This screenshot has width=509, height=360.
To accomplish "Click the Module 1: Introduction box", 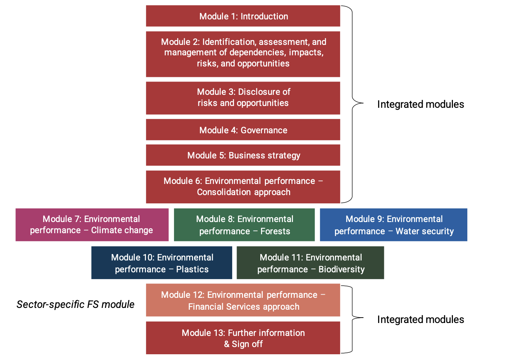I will point(243,16).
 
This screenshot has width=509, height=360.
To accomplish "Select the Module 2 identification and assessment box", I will point(243,54).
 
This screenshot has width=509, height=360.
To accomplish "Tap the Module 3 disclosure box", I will point(243,98).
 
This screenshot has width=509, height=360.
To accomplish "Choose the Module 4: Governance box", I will point(243,130).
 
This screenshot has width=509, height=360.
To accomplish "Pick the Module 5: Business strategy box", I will point(243,155).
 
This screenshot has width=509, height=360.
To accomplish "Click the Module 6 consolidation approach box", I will point(243,187).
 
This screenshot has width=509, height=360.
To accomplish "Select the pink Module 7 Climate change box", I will point(92,225).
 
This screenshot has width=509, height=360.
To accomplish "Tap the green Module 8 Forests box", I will point(244,225).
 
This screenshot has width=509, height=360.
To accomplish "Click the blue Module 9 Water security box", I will point(394,225).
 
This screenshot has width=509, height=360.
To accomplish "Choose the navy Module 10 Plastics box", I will point(162,263).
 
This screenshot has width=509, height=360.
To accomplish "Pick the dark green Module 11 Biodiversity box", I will point(310,263).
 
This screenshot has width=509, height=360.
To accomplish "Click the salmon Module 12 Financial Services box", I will point(243,300).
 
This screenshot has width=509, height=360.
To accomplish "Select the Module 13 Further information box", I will point(243,338).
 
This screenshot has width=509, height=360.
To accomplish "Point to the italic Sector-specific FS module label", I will point(75,304).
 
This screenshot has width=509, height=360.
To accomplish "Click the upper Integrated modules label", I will point(421,104).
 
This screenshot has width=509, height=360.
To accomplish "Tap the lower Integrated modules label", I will point(421,319).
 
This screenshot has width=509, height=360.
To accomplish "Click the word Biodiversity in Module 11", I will point(341,269).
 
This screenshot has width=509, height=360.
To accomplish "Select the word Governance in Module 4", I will point(264,130).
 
